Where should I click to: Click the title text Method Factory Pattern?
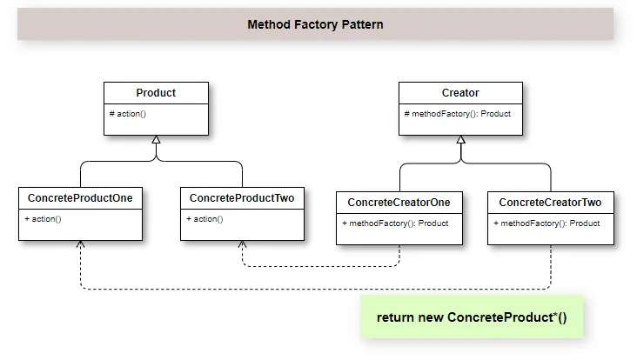coord(315,24)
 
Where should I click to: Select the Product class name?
coord(156,93)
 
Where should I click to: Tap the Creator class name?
coord(460,93)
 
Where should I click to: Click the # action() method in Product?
coord(129,114)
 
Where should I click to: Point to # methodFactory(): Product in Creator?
coord(458,114)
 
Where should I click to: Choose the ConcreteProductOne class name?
coord(80,198)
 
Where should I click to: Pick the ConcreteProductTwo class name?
coord(242,198)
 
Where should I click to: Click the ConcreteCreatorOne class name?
coord(399,203)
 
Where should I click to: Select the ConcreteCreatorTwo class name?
coord(550,203)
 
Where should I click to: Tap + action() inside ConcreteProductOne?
coord(43,219)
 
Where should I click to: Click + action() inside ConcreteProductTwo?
coord(205,219)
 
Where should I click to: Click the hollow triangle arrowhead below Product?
coord(156,140)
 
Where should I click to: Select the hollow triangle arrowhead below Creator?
coord(460,140)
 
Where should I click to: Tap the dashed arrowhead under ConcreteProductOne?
coord(80,244)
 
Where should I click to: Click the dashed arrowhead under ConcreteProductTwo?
coord(242,244)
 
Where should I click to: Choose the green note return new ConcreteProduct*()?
coord(471,317)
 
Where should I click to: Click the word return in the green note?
coord(395,317)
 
